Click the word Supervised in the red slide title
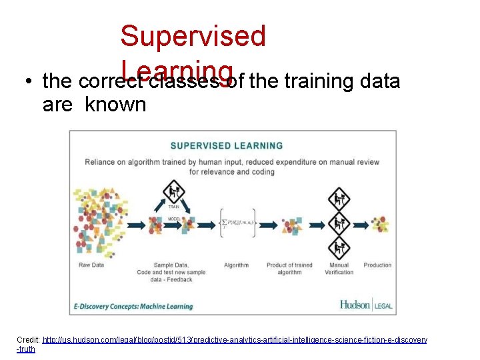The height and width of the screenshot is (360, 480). [x=193, y=36]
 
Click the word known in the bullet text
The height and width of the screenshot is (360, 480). [x=115, y=105]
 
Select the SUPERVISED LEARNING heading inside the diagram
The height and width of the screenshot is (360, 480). [x=227, y=145]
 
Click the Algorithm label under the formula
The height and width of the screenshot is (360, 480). [x=236, y=265]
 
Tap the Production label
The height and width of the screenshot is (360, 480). [x=377, y=265]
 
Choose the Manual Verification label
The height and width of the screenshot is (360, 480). [x=339, y=269]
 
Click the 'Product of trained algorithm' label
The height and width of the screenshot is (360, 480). [x=289, y=269]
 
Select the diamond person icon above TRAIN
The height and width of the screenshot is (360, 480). [x=174, y=193]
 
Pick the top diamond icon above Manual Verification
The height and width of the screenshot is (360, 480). [x=339, y=198]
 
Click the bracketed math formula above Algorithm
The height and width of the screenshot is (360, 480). [x=237, y=224]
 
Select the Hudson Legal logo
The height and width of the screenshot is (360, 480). [x=366, y=305]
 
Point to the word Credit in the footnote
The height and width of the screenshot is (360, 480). [x=28, y=340]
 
